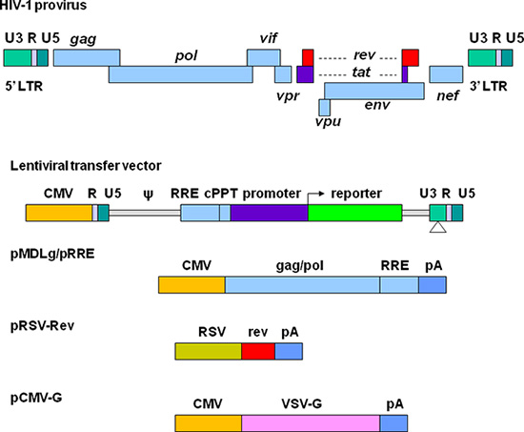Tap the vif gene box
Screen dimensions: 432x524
pos(264,57)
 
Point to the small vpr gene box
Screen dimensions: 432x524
pos(283,74)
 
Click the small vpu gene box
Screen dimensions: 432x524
pos(324,107)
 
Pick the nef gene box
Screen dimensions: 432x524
pos(446,74)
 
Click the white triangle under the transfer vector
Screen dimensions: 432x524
pos(437,228)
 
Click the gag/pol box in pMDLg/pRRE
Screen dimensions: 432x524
pos(302,284)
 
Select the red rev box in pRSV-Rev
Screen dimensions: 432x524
pos(257,352)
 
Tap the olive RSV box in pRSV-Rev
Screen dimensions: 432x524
pos(208,352)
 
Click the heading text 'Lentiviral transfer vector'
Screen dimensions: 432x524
pos(71,165)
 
